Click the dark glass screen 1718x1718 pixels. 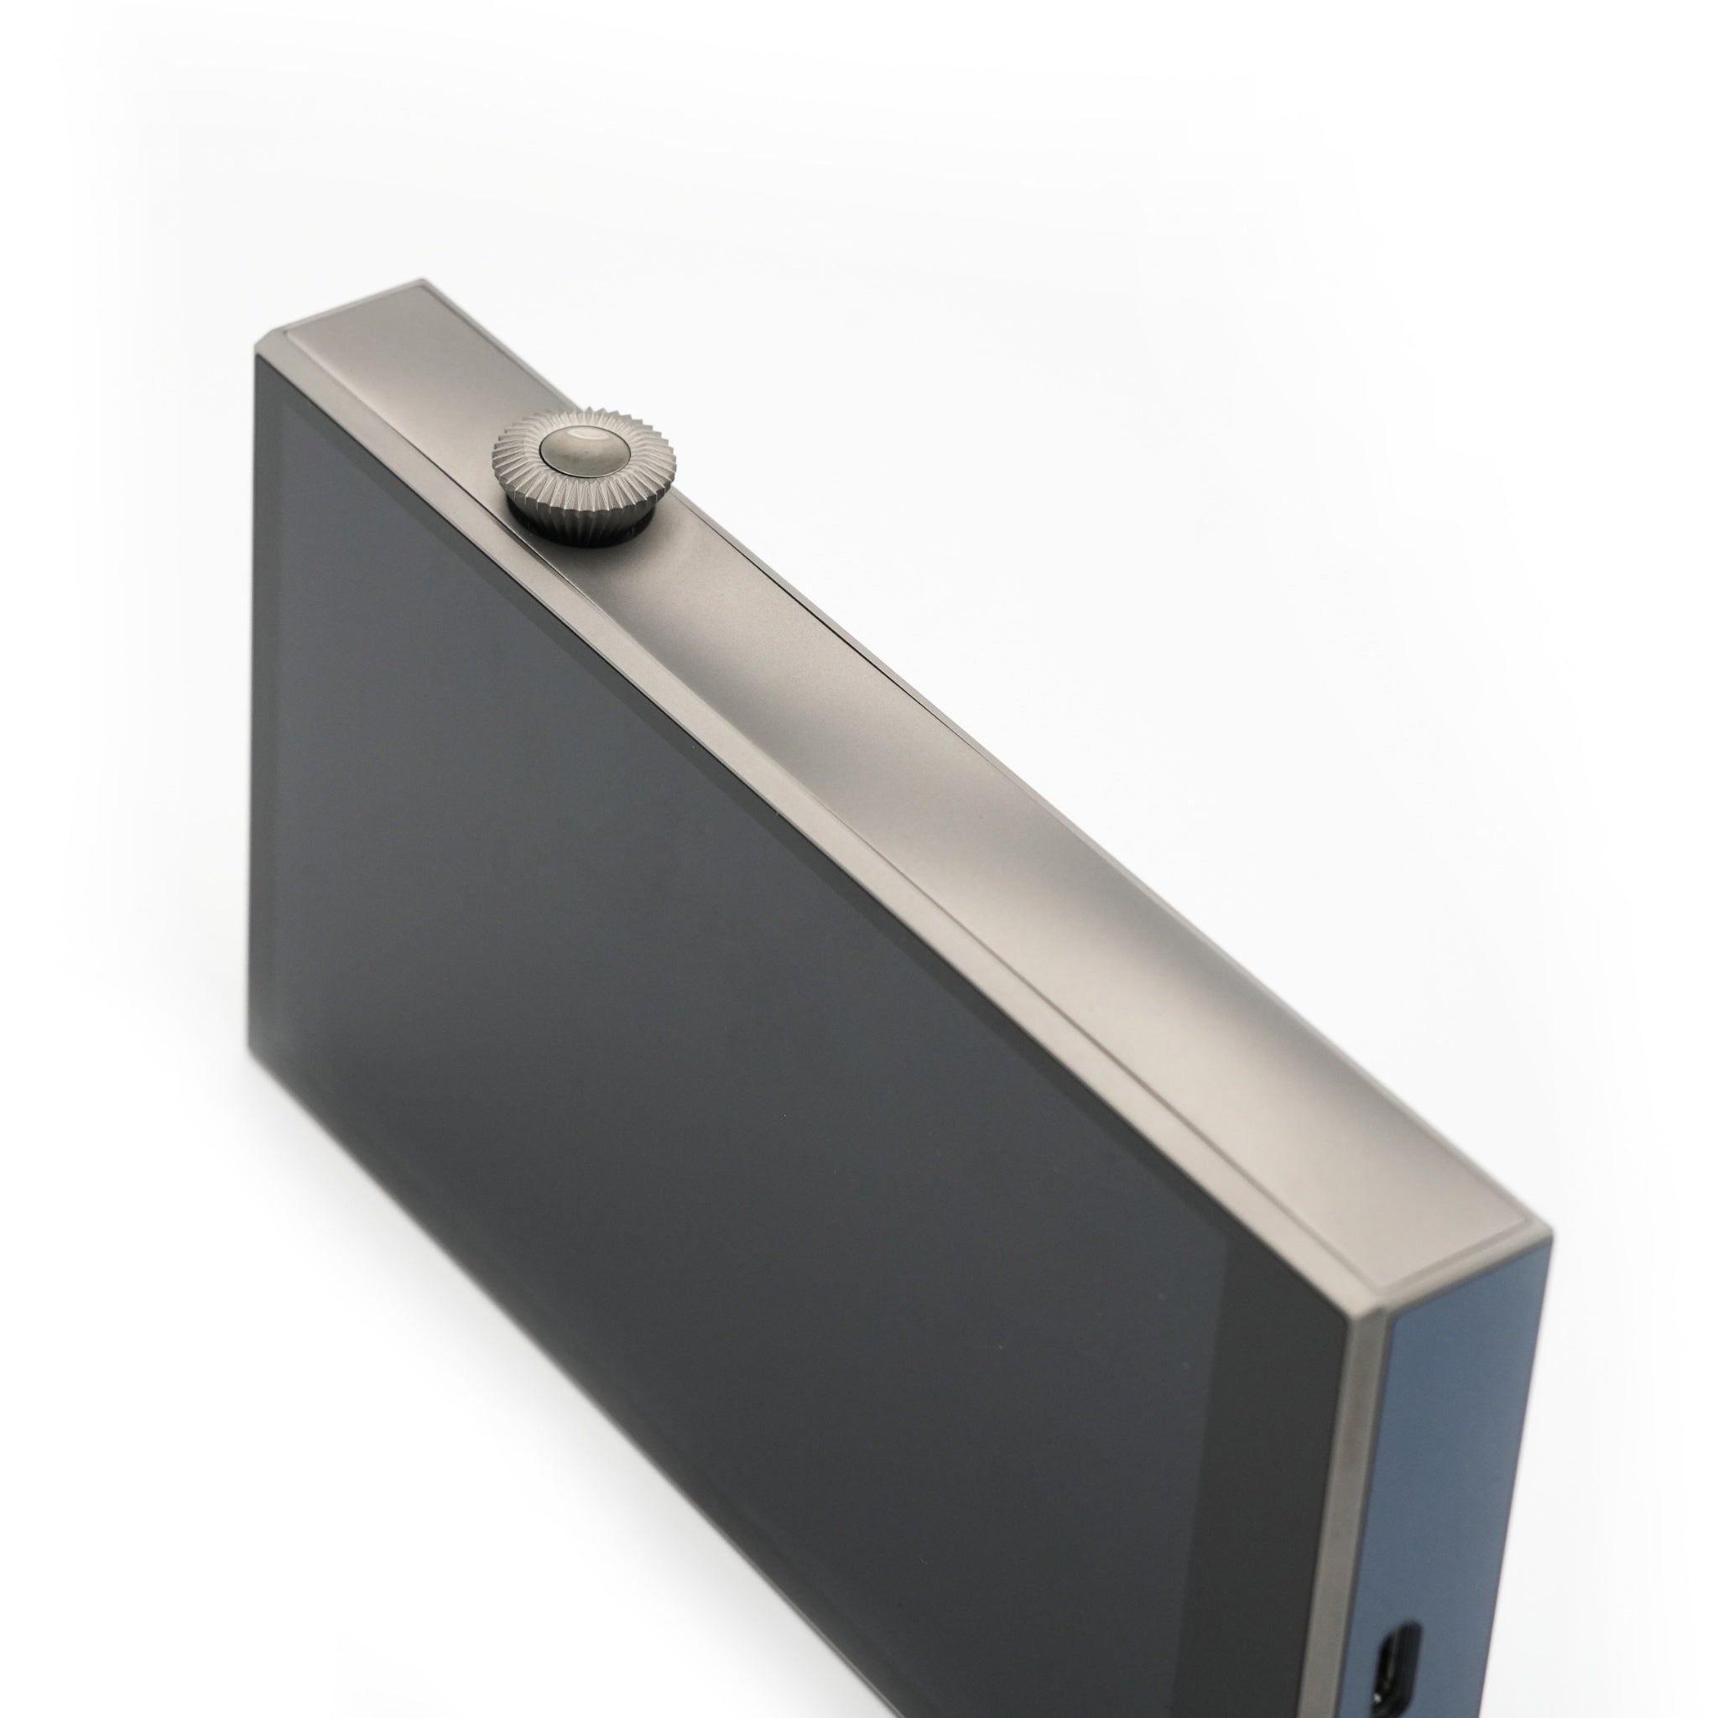tap(711, 1067)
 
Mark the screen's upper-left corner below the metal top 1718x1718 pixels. tap(260, 357)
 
